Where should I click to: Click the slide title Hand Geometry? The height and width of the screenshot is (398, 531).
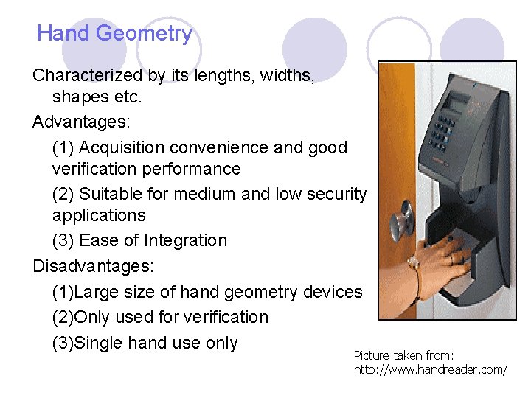pyautogui.click(x=114, y=33)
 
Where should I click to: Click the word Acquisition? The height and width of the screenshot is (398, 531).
pyautogui.click(x=123, y=147)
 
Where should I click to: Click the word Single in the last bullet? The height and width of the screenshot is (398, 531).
pyautogui.click(x=100, y=343)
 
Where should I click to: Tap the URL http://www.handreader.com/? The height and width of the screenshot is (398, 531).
pyautogui.click(x=430, y=369)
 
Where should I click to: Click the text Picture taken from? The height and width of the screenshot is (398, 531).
pyautogui.click(x=403, y=355)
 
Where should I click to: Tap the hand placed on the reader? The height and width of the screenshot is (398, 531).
pyautogui.click(x=445, y=255)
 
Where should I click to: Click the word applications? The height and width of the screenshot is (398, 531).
pyautogui.click(x=99, y=216)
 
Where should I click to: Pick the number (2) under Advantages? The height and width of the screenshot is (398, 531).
pyautogui.click(x=63, y=194)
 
